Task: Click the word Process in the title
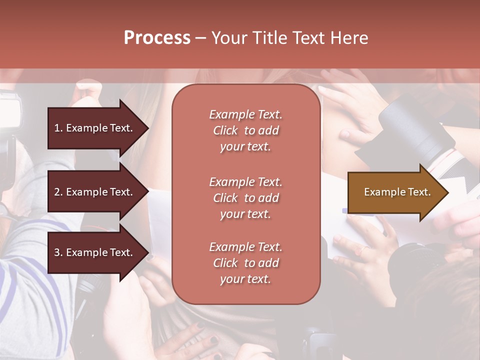[x=157, y=38]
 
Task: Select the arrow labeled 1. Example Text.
[x=95, y=128]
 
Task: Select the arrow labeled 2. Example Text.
[x=95, y=192]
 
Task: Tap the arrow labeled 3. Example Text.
[x=95, y=252]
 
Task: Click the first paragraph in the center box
[x=245, y=130]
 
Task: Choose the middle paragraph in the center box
[x=245, y=198]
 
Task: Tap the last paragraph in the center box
[x=245, y=263]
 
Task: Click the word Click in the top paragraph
[x=225, y=130]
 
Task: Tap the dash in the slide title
[x=200, y=38]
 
